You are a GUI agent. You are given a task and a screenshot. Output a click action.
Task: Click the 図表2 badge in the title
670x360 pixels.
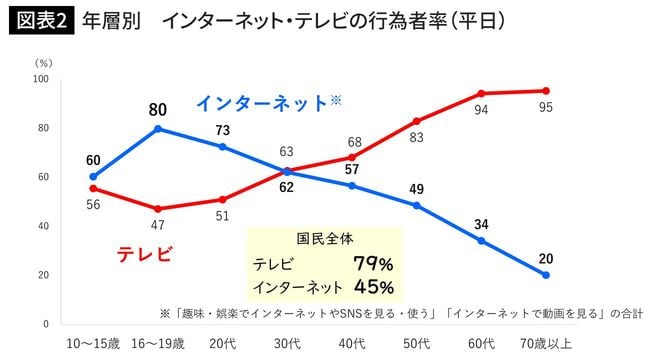click(41, 20)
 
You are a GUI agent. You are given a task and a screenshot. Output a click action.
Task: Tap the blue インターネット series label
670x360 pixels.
click(262, 103)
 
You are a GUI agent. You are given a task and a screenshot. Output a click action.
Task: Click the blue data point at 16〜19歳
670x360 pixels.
click(157, 129)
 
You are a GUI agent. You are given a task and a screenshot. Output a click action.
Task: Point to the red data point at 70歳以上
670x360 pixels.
click(546, 91)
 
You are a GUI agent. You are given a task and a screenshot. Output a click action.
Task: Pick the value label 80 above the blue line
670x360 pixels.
click(157, 108)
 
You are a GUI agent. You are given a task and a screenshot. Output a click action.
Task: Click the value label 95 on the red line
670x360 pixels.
click(546, 109)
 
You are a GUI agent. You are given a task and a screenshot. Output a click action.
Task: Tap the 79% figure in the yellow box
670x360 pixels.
click(373, 264)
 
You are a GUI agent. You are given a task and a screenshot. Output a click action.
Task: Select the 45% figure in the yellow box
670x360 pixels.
click(373, 287)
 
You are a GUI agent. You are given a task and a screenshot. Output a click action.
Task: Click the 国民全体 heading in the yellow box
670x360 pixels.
click(324, 239)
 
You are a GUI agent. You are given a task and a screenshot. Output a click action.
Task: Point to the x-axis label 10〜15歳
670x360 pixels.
click(92, 344)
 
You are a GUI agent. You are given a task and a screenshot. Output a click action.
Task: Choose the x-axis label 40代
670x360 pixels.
click(351, 344)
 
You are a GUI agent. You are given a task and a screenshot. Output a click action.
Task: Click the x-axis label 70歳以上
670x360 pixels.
click(546, 344)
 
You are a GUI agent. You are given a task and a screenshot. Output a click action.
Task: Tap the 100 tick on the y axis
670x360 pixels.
click(41, 79)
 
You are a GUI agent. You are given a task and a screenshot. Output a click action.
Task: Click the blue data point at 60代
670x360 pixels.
click(481, 241)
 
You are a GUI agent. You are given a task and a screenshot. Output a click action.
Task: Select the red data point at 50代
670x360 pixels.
click(416, 121)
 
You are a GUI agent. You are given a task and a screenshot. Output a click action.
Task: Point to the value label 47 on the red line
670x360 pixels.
click(157, 226)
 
